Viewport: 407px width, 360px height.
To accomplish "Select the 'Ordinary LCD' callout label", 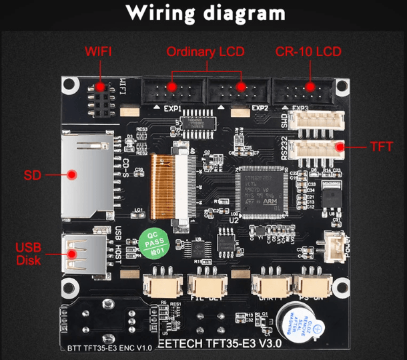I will tap(206, 51).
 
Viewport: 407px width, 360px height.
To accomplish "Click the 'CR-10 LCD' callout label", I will tap(308, 51).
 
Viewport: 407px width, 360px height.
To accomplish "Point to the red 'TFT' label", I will tap(381, 146).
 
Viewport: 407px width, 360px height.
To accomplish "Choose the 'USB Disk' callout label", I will tap(29, 254).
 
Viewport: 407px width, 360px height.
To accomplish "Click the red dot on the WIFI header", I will tap(101, 87).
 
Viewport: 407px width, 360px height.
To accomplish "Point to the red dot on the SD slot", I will tap(69, 174).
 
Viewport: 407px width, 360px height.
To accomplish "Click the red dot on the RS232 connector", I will tap(339, 146).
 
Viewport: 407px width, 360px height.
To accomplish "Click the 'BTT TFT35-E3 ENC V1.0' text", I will tap(110, 349).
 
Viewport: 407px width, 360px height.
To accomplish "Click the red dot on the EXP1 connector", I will tap(171, 87).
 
